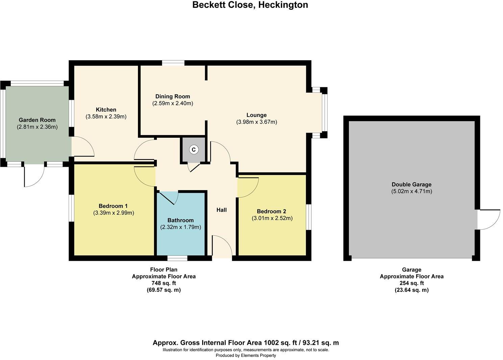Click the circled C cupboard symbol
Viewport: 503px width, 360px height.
(194, 150)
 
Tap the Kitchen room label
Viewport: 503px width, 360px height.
(106, 110)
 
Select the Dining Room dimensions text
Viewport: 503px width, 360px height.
(172, 104)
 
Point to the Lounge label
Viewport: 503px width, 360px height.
(257, 115)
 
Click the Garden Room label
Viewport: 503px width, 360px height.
(37, 120)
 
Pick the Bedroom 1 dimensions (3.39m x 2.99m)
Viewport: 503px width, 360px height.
(114, 213)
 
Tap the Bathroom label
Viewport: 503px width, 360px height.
(181, 220)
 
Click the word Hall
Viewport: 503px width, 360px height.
(222, 210)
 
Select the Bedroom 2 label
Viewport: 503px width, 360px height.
(271, 211)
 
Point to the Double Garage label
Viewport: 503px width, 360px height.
(412, 184)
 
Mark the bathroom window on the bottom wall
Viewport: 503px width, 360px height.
(177, 258)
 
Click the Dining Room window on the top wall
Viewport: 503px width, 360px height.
(173, 63)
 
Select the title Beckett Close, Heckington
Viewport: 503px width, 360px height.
(250, 5)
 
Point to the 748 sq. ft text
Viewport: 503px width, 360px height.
(164, 283)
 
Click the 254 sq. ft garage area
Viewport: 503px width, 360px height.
(412, 283)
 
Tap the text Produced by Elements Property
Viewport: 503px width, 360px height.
(246, 355)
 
